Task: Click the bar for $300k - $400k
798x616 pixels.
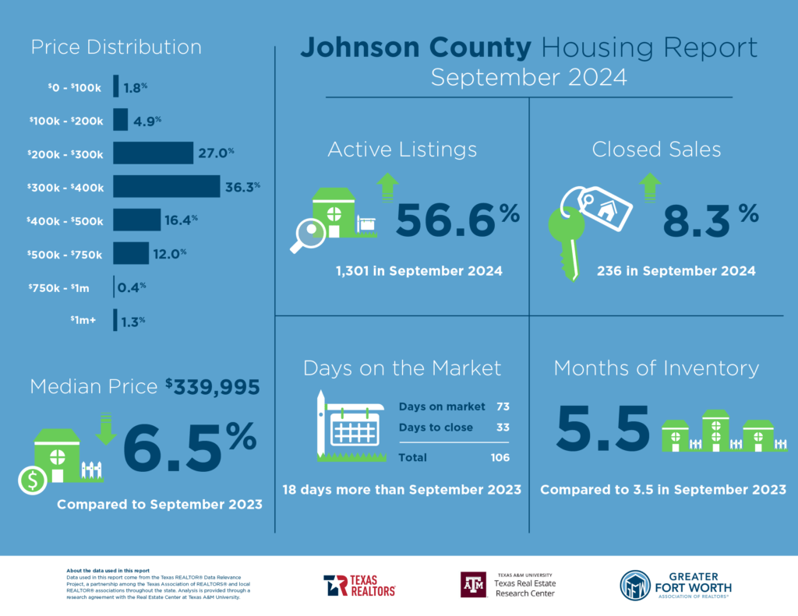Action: (x=166, y=186)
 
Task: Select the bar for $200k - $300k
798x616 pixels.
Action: (x=153, y=153)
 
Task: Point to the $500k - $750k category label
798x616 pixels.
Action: (x=66, y=254)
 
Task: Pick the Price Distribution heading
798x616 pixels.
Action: (x=116, y=47)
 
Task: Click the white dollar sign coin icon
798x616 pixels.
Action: (x=33, y=481)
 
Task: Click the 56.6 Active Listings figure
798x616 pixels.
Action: (x=445, y=222)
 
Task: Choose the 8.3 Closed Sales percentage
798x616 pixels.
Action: (x=696, y=222)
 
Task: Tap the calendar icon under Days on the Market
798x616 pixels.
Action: (x=353, y=431)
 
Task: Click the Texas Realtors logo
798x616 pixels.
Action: (x=359, y=585)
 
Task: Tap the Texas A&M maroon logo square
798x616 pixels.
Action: (x=473, y=584)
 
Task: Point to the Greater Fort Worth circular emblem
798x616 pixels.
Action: (x=635, y=586)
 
